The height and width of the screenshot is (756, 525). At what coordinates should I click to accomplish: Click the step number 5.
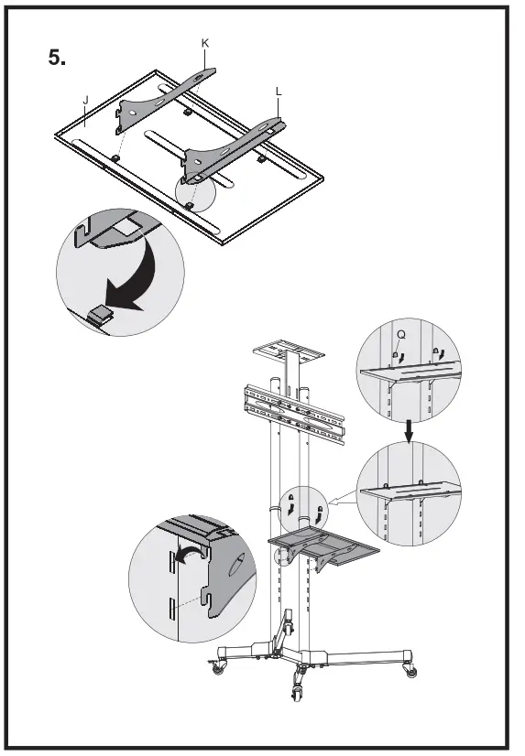[57, 59]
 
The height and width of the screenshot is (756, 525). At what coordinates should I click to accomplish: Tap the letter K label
[205, 43]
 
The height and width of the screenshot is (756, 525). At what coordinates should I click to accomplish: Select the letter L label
[279, 92]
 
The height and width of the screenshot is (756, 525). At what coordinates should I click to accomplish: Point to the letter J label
[86, 101]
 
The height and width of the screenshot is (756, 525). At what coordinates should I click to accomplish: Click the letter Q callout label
[400, 335]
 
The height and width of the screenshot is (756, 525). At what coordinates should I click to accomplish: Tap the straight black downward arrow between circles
[409, 431]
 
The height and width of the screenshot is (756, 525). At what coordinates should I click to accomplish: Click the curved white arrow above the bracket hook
[188, 553]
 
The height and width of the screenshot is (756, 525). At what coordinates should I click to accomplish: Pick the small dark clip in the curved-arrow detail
[100, 314]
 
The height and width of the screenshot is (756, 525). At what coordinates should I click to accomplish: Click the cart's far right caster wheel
[410, 670]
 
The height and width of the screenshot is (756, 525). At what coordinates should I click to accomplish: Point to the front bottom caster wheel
[296, 692]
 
